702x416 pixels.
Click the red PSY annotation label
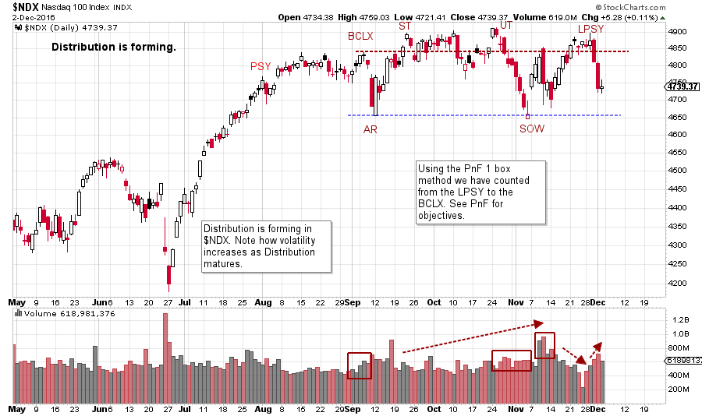coord(260,66)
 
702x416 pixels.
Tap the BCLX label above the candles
coord(361,36)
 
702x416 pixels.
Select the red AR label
coord(370,129)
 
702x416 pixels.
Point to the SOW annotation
coord(532,129)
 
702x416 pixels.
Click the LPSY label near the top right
coord(590,29)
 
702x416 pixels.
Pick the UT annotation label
coord(506,26)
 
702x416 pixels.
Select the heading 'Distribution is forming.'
coord(114,48)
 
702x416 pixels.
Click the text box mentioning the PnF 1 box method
coord(480,192)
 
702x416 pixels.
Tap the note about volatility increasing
coord(265,247)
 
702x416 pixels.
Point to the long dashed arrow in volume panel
coord(470,337)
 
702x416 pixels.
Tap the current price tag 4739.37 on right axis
coord(682,86)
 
